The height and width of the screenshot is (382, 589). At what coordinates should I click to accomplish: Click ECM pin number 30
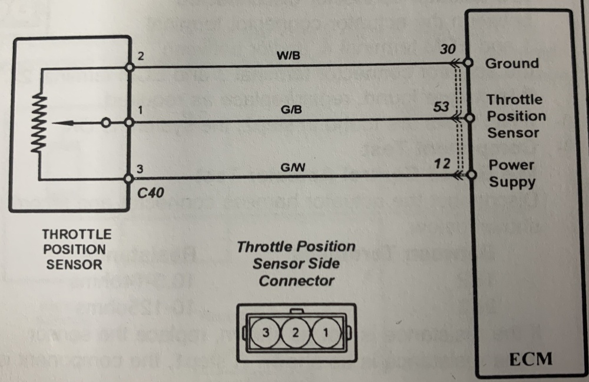click(447, 51)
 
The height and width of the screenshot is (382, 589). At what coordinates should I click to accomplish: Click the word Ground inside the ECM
click(511, 64)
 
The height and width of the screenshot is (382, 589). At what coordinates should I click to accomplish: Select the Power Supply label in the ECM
click(511, 174)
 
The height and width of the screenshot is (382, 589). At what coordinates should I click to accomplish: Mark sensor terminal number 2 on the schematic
click(140, 58)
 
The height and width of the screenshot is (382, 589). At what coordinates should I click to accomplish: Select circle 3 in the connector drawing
click(266, 333)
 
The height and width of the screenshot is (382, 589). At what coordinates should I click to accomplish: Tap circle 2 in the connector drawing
click(294, 333)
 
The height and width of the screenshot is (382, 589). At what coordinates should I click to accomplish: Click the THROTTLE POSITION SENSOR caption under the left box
click(75, 250)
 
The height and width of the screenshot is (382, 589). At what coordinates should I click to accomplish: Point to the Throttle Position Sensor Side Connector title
click(296, 263)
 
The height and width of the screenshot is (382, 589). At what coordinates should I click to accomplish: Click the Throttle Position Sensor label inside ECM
click(515, 116)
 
